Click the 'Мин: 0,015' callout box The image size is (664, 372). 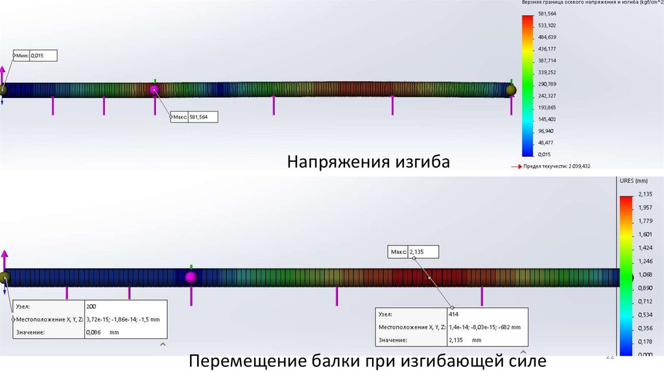click(35, 56)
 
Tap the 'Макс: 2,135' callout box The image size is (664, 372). click(414, 251)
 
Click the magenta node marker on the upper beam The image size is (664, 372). click(154, 90)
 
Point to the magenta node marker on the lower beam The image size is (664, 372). click(191, 277)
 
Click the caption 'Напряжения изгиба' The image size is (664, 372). click(368, 161)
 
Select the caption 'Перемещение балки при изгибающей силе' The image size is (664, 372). click(368, 360)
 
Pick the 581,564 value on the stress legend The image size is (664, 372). click(547, 13)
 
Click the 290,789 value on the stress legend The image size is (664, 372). click(547, 84)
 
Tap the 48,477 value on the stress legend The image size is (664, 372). click(547, 143)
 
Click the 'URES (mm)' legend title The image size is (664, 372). click(634, 181)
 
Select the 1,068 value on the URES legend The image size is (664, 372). click(645, 274)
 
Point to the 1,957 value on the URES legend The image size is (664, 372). click(645, 207)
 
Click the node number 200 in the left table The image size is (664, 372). click(91, 305)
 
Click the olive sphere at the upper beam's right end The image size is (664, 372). click(511, 90)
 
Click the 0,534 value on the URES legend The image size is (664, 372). click(645, 314)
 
